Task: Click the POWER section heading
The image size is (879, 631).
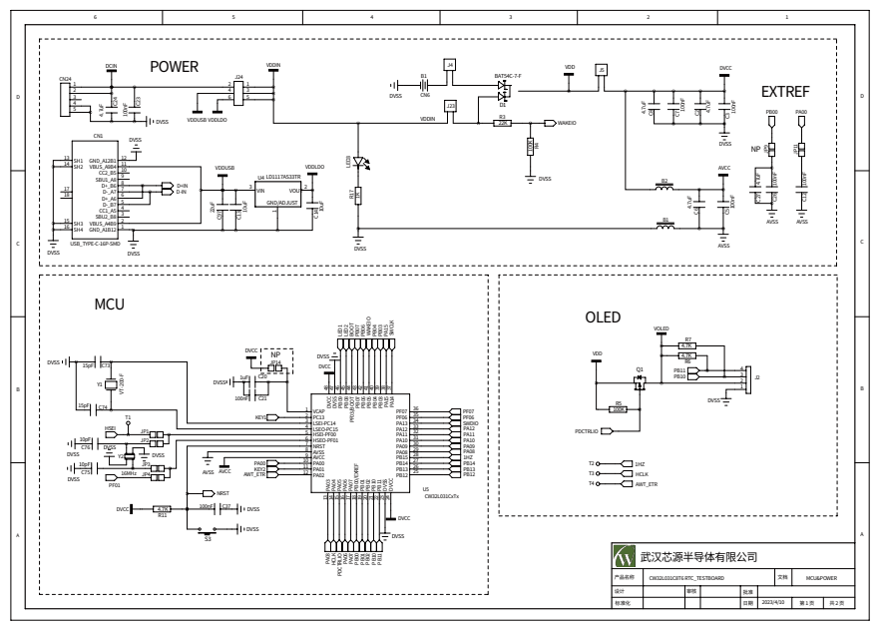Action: (x=174, y=67)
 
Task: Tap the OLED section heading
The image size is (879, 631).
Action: (x=603, y=317)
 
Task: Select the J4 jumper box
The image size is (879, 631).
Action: (x=450, y=65)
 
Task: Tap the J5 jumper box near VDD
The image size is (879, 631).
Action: (x=601, y=69)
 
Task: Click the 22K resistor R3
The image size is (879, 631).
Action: (x=503, y=123)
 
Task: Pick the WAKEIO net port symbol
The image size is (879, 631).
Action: (x=549, y=123)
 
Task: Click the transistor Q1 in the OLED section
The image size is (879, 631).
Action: (x=640, y=383)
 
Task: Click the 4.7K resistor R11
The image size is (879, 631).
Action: (x=163, y=508)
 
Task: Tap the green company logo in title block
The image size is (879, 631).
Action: (x=625, y=555)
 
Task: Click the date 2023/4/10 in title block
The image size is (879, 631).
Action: (x=774, y=603)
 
